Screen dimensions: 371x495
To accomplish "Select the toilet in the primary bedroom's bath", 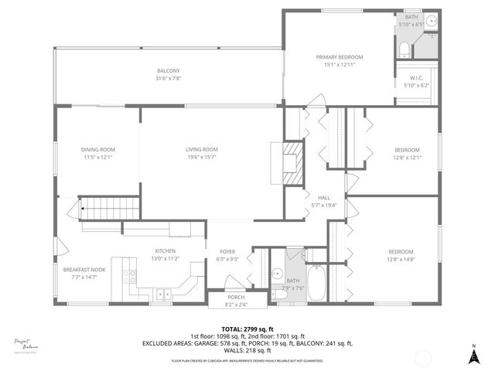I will point(403,51).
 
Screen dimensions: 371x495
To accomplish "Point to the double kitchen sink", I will point(162,294).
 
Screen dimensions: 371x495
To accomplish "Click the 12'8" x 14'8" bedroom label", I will point(401,256).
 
